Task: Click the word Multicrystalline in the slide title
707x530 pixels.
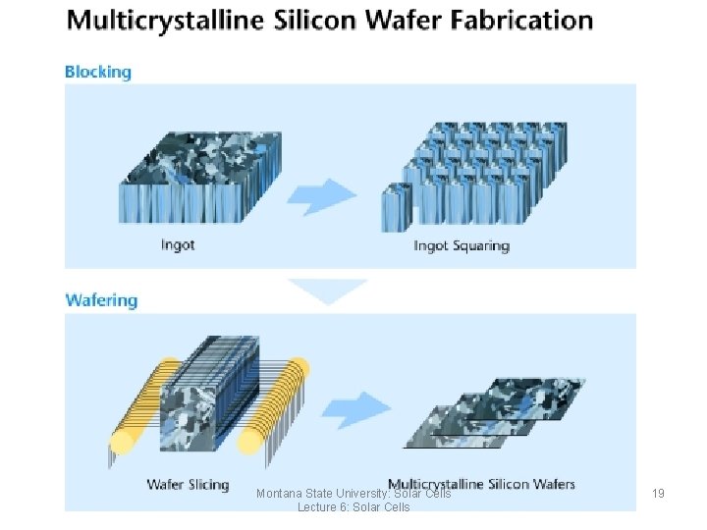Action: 158,21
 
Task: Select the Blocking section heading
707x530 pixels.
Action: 97,72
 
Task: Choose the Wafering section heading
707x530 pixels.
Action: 101,300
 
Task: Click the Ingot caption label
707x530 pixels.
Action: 178,244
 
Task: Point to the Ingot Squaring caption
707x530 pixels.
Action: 461,244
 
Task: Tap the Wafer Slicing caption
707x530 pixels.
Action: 188,484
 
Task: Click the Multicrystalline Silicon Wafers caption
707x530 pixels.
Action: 481,483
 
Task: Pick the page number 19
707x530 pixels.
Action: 658,493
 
